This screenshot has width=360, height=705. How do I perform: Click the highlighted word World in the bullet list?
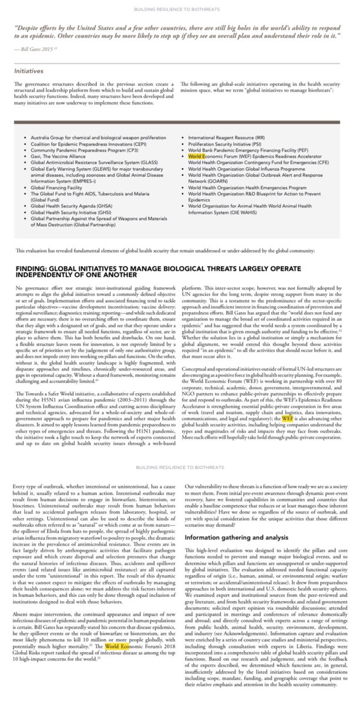(x=196, y=158)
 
